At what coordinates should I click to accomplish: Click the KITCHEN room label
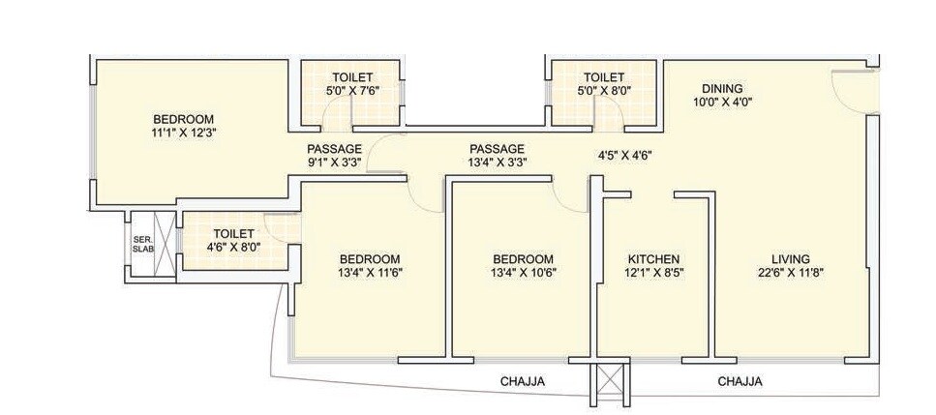[x=653, y=259]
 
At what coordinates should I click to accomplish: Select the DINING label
[x=722, y=85]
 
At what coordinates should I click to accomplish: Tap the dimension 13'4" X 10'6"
[x=523, y=274]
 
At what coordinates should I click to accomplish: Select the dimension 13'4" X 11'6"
[x=369, y=274]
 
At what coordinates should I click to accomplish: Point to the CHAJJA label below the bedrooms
[x=523, y=382]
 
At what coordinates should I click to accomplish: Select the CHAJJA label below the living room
[x=740, y=382]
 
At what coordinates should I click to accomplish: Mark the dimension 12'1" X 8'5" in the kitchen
[x=653, y=274]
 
